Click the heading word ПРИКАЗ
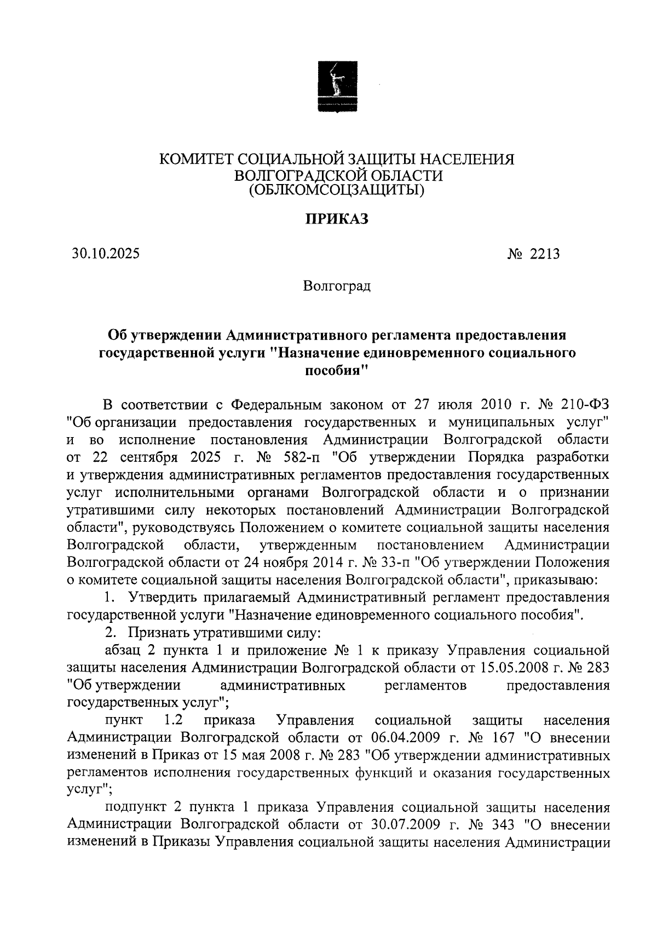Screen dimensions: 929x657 [x=336, y=220]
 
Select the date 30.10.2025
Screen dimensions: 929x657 [x=105, y=254]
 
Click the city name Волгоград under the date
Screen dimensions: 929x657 [x=337, y=286]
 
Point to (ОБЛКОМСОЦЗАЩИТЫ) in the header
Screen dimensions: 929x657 [x=336, y=190]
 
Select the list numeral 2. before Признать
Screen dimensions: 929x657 [x=110, y=633]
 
